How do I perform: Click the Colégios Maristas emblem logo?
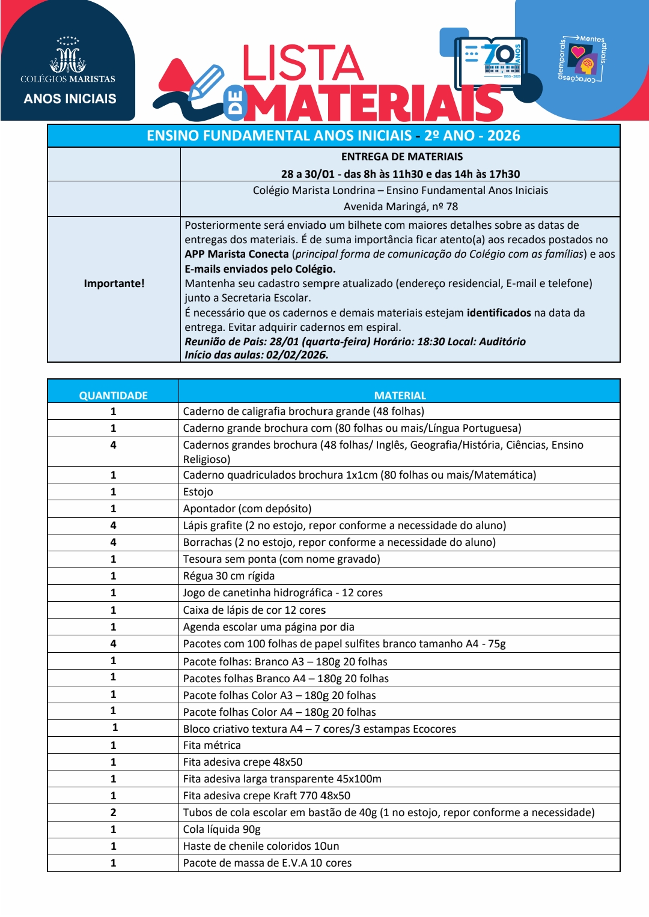pyautogui.click(x=67, y=57)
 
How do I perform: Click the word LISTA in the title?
pyautogui.click(x=302, y=63)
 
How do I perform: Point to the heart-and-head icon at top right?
pyautogui.click(x=582, y=59)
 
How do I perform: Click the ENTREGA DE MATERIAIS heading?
pyautogui.click(x=401, y=157)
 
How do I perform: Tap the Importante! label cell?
pyautogui.click(x=114, y=283)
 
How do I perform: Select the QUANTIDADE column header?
pyautogui.click(x=114, y=395)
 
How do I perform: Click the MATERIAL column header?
pyautogui.click(x=400, y=395)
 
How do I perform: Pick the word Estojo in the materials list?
pyautogui.click(x=198, y=492)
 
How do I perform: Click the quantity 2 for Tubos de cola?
pyautogui.click(x=113, y=813)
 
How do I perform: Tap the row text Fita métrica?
pyautogui.click(x=212, y=745)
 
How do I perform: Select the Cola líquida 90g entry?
pyautogui.click(x=222, y=829)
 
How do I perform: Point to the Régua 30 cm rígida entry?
pyautogui.click(x=228, y=576)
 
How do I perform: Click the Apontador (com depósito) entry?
pyautogui.click(x=247, y=509)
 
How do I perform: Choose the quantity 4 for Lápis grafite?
pyautogui.click(x=113, y=525)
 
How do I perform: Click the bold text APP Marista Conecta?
pyautogui.click(x=237, y=254)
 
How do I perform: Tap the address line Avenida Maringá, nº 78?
pyautogui.click(x=400, y=207)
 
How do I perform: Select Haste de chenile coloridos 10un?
pyautogui.click(x=261, y=846)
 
